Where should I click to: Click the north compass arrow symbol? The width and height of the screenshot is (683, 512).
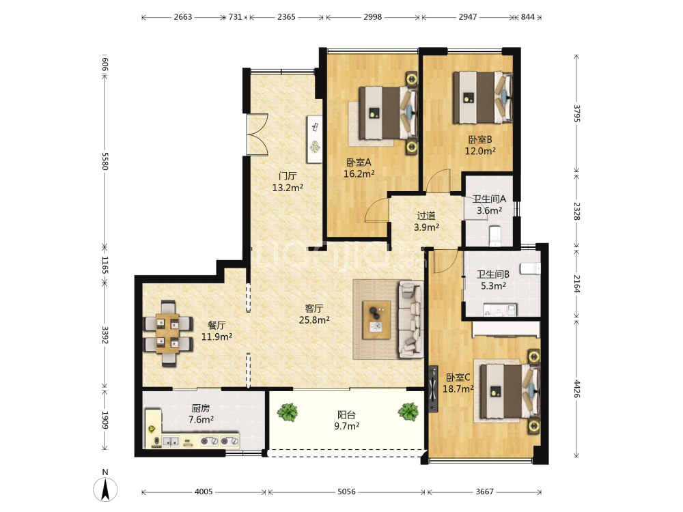(x=105, y=489)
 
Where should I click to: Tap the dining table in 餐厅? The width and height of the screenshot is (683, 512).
(x=168, y=333)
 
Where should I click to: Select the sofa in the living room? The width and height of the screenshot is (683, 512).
(x=411, y=319)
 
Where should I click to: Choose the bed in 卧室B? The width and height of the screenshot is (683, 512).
(x=482, y=98)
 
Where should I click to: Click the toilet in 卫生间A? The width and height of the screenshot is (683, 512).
(x=496, y=235)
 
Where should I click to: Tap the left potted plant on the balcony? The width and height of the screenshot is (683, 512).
(x=288, y=412)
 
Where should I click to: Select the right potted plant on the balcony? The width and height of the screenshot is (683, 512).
(x=408, y=411)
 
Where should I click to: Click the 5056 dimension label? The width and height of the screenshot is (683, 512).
(x=347, y=492)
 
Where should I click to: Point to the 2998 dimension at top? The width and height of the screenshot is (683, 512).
(x=372, y=17)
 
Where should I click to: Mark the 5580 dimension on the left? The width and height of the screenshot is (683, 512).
(x=104, y=161)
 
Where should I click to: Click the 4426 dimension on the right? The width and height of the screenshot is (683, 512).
(x=576, y=389)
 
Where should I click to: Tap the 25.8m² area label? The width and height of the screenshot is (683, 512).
(x=314, y=320)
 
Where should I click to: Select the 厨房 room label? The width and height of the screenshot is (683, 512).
(x=200, y=408)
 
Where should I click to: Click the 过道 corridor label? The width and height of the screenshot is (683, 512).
(x=426, y=216)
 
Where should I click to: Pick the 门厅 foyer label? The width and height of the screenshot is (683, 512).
(x=288, y=176)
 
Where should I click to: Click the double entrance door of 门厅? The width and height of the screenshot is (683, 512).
(x=257, y=134)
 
